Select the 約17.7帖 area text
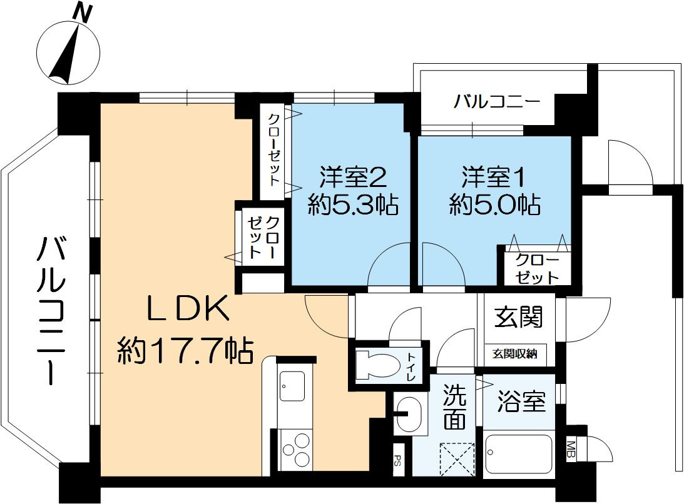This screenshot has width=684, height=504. (x=186, y=352)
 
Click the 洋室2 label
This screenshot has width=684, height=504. (x=352, y=177)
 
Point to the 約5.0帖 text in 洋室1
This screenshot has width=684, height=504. (x=494, y=205)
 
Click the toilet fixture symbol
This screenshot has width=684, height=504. (x=375, y=366)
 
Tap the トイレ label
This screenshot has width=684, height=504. (x=412, y=367)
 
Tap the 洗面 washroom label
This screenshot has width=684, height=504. (x=454, y=406)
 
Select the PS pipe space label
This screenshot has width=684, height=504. (x=399, y=464)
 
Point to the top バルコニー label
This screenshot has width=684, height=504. (x=497, y=101)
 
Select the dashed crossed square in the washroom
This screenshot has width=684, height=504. (x=457, y=460)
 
